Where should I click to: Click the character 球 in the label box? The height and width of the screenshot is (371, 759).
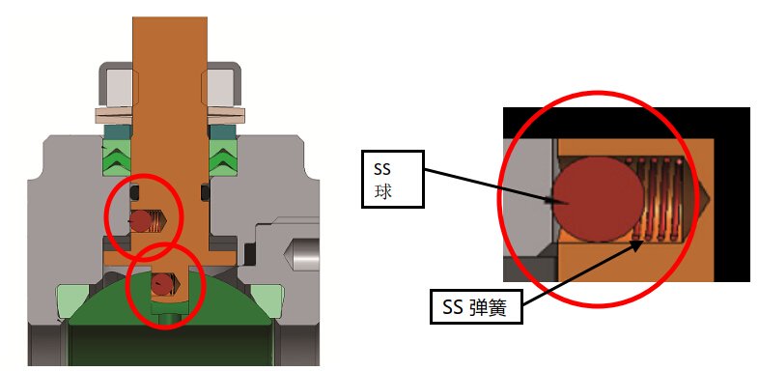382,190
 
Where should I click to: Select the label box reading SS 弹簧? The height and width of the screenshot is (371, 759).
475,309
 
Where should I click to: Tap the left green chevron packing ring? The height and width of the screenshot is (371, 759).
117,156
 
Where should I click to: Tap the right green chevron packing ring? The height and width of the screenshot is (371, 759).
223,156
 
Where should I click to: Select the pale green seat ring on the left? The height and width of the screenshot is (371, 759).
69,301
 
